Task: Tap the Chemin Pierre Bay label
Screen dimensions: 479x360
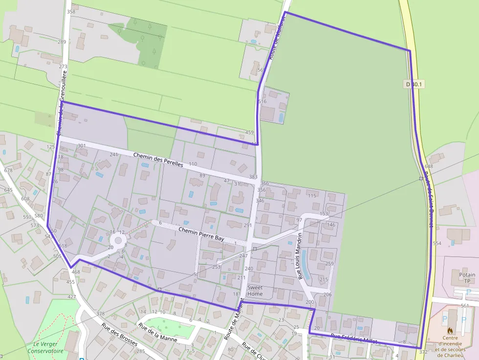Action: click(x=201, y=233)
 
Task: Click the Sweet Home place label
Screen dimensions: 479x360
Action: click(x=255, y=291)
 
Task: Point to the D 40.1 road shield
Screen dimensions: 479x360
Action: click(x=414, y=84)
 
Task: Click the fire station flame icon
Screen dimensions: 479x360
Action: click(x=450, y=331)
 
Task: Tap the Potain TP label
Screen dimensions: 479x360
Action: click(x=467, y=278)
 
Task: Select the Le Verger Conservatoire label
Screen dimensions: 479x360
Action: click(x=45, y=347)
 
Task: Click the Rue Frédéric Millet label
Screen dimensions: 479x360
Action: click(x=354, y=339)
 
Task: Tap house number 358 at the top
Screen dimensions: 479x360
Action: click(x=71, y=12)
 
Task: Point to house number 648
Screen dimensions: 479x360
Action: click(x=429, y=167)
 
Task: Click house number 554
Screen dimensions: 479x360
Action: click(x=437, y=243)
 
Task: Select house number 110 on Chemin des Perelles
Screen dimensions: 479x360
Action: click(x=193, y=164)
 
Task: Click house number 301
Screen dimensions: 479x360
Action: click(x=82, y=146)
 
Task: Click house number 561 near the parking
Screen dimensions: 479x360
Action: click(x=464, y=306)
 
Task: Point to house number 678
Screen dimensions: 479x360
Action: click(x=8, y=170)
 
